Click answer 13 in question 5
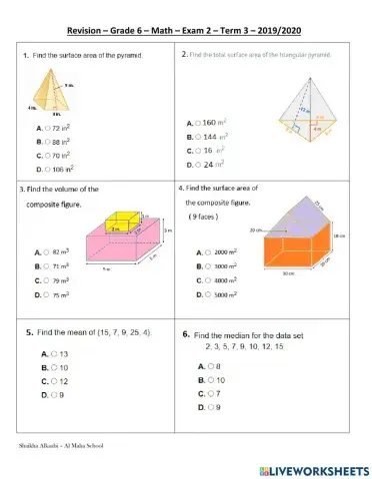coord(55,354)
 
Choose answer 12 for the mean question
coord(55,381)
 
